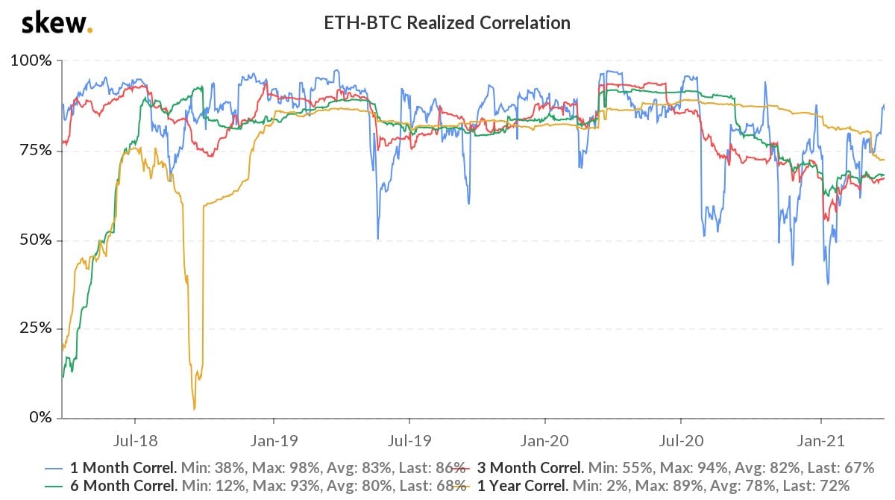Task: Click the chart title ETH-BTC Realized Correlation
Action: click(447, 23)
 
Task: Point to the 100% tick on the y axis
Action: click(31, 60)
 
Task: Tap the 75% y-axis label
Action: click(34, 150)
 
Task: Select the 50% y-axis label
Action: click(34, 240)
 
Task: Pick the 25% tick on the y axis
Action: click(34, 328)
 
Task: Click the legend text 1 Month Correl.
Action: click(122, 469)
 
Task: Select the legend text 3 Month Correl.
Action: click(529, 469)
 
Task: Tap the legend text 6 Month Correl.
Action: click(122, 486)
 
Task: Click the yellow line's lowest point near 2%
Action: click(195, 408)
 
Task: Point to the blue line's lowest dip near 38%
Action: click(828, 284)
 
